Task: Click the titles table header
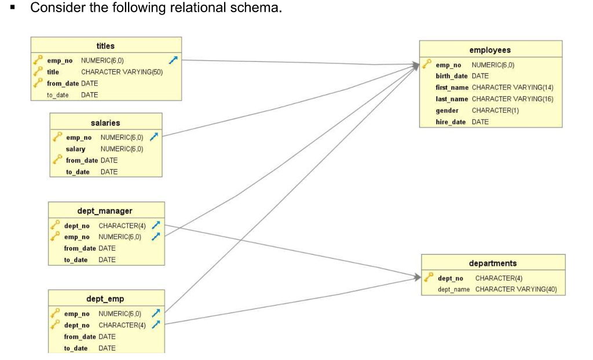pos(105,46)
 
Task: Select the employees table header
pos(490,50)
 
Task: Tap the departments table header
pos(493,263)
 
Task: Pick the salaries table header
pos(105,123)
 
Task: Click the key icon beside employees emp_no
pos(426,64)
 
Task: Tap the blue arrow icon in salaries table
pos(153,137)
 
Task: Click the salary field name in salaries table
pos(75,149)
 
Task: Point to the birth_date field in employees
pos(451,76)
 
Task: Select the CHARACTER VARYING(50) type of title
pos(122,72)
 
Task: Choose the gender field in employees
pos(447,110)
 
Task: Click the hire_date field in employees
pos(451,122)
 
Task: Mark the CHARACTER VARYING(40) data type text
pos(516,289)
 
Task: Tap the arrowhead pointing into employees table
pos(415,65)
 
